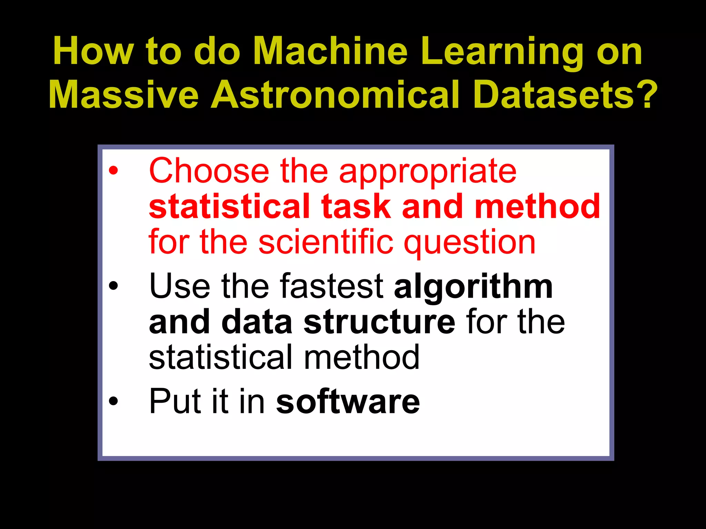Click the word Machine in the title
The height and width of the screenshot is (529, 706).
[x=330, y=52]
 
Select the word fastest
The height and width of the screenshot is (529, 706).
[x=332, y=286]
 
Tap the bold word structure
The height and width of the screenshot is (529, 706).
[x=379, y=322]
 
